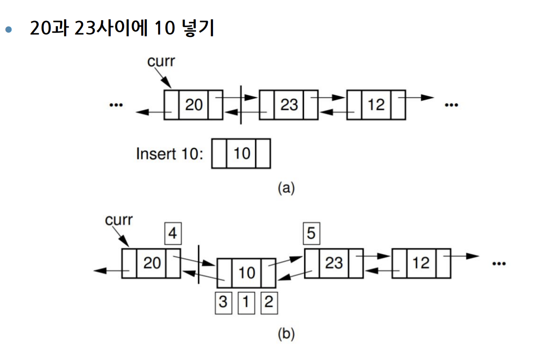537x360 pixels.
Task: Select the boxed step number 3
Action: pos(223,302)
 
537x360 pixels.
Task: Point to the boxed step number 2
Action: pos(268,302)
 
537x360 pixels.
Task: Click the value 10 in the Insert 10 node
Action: pos(242,153)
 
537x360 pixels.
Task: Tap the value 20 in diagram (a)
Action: pos(193,105)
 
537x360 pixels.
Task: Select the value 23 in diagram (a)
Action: pos(289,105)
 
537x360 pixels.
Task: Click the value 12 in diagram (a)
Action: pos(376,105)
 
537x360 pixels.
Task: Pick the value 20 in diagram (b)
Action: pos(151,263)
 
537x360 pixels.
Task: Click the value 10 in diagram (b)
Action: pos(246,272)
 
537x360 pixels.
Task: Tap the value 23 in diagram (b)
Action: pos(334,263)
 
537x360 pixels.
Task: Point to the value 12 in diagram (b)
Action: pos(421,263)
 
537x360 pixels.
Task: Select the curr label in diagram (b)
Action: pos(119,220)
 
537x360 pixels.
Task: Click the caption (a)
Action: pos(286,188)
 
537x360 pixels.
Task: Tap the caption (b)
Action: pos(286,335)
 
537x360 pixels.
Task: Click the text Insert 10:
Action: pos(170,154)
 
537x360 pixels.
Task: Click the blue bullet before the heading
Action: pos(7,29)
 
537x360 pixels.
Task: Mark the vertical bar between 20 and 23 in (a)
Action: pos(241,105)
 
